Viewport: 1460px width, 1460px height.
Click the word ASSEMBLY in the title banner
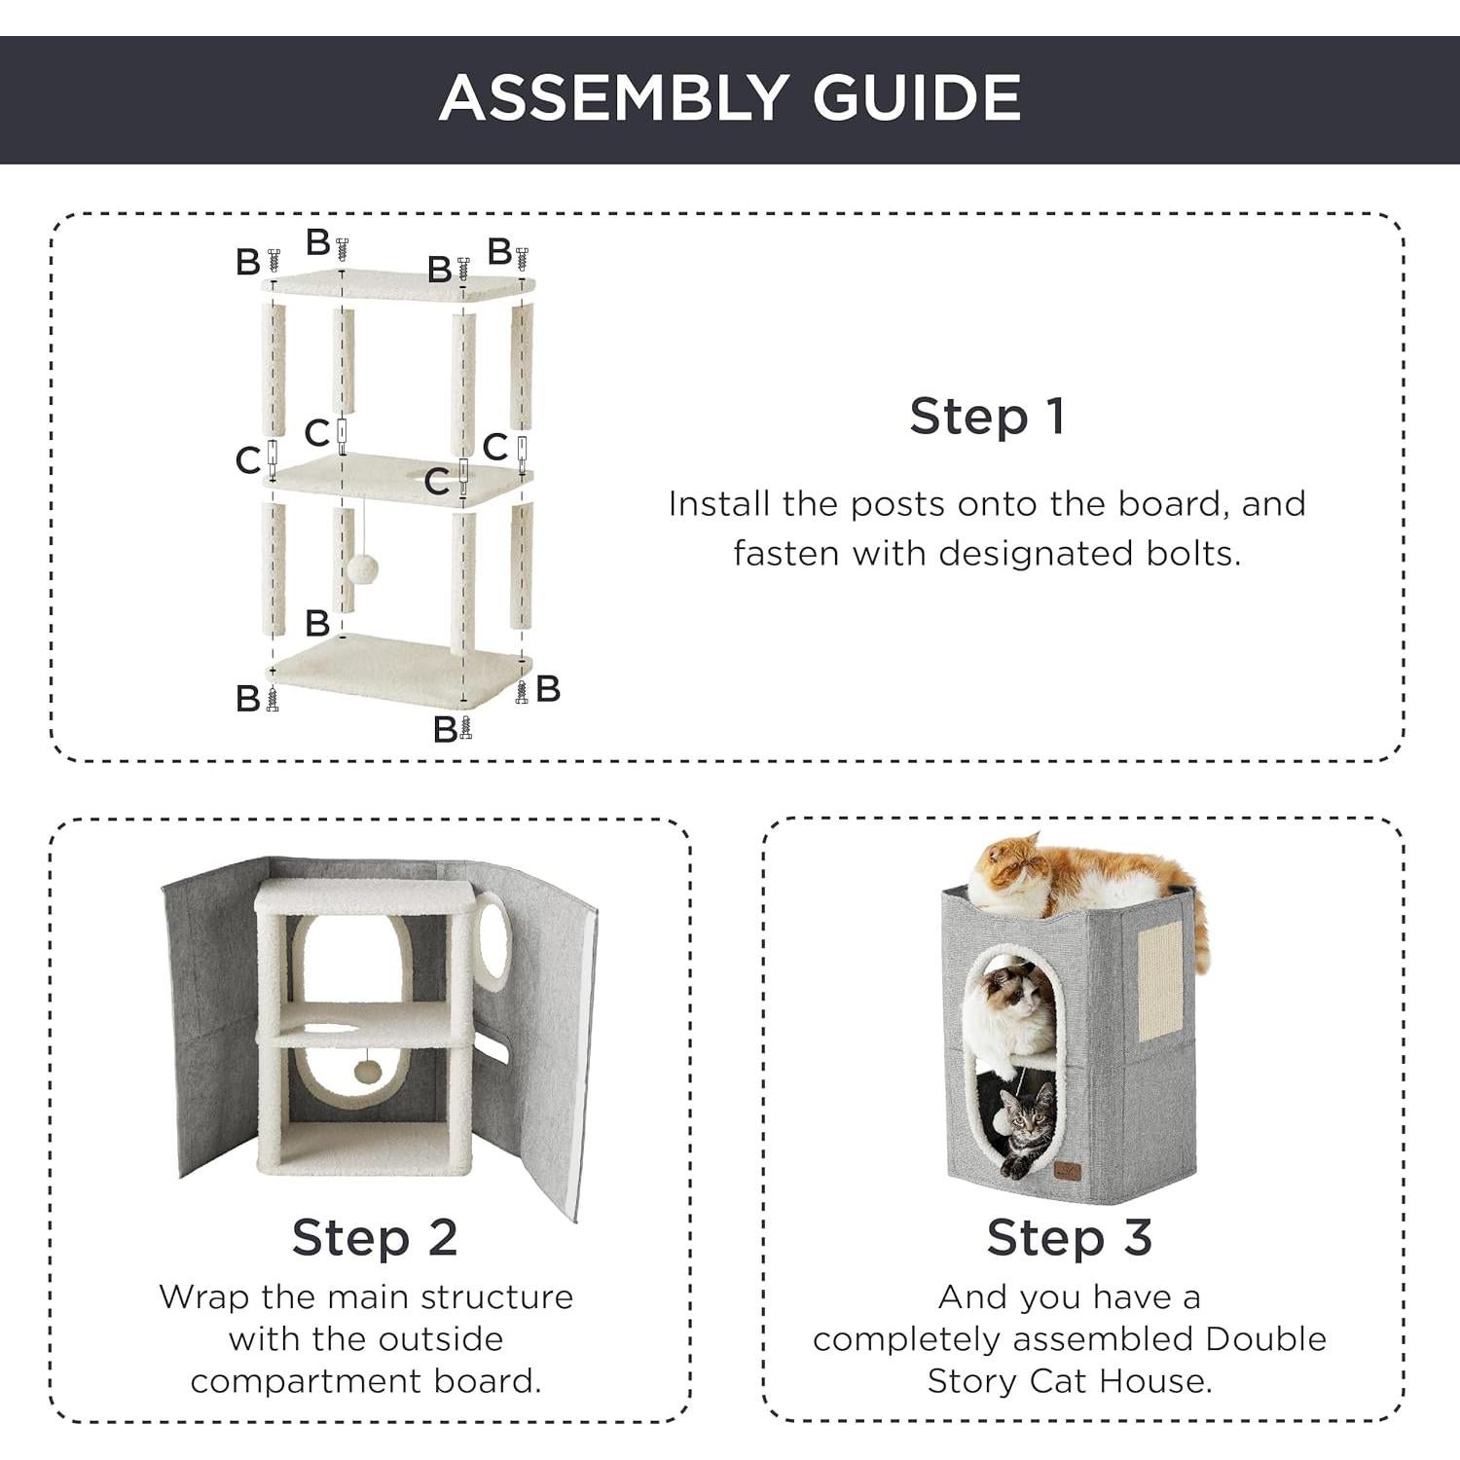coord(614,97)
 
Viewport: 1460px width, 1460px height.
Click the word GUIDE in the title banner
coord(917,97)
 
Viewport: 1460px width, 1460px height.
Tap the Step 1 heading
coord(988,417)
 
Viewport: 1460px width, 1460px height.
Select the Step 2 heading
coord(375,1238)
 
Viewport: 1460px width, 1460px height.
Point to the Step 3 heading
coord(1070,1238)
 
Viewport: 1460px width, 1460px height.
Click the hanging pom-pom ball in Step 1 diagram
coord(362,568)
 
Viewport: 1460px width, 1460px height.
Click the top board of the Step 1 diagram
coord(399,285)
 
